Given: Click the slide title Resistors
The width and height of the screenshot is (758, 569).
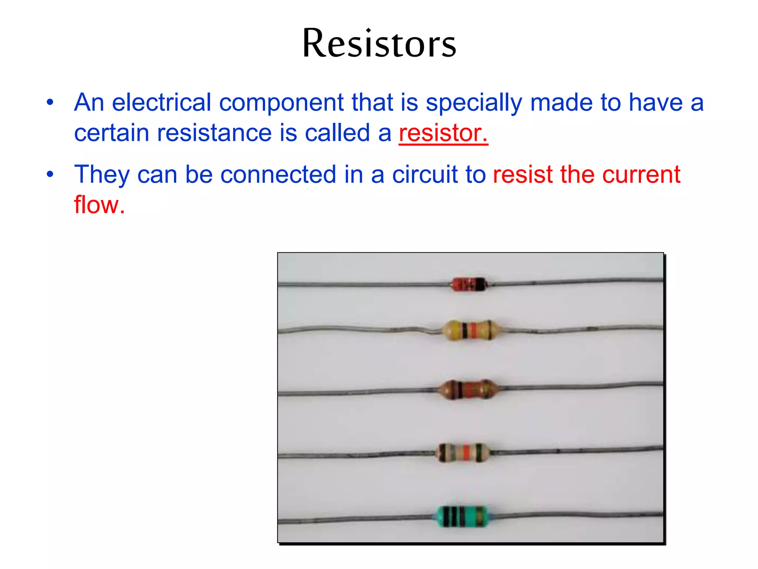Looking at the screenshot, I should click(379, 44).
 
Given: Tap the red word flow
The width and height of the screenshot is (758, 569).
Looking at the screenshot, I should click(99, 205).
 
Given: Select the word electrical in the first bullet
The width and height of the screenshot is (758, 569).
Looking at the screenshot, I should click(161, 102).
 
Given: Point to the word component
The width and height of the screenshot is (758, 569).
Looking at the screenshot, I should click(281, 102).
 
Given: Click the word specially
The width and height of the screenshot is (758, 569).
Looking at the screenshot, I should click(474, 103).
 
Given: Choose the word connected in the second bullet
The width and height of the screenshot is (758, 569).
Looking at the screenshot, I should click(278, 174).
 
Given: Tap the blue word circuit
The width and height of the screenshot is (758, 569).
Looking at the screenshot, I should click(425, 174).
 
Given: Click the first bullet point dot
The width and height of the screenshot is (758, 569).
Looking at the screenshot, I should click(50, 102).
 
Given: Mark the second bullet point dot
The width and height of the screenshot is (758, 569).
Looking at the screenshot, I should click(50, 174).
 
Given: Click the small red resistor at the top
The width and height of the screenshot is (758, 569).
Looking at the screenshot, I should click(469, 284).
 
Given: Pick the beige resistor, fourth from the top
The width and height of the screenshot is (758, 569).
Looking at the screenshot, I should click(463, 452).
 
